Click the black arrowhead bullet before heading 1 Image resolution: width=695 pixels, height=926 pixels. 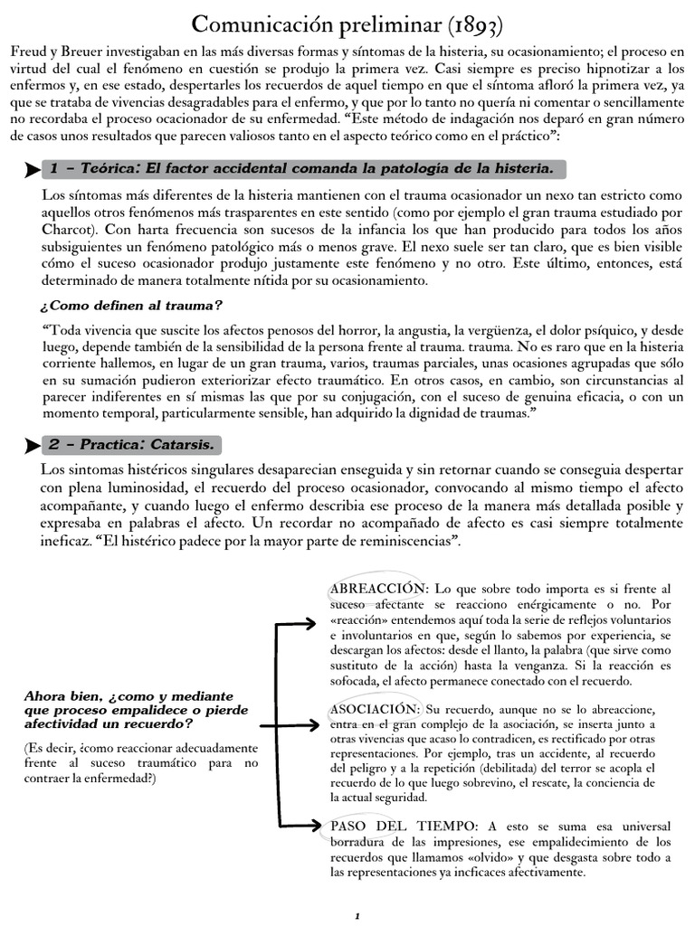click(33, 170)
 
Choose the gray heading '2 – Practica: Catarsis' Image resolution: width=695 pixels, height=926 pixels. click(133, 445)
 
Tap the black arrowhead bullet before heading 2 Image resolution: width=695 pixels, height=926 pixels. click(33, 446)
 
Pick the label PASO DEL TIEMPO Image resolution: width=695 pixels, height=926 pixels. click(404, 827)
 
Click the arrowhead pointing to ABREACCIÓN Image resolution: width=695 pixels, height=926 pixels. click(318, 624)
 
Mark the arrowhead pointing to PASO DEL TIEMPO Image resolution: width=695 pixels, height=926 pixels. click(318, 824)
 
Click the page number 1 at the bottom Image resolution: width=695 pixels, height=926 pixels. click(357, 916)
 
